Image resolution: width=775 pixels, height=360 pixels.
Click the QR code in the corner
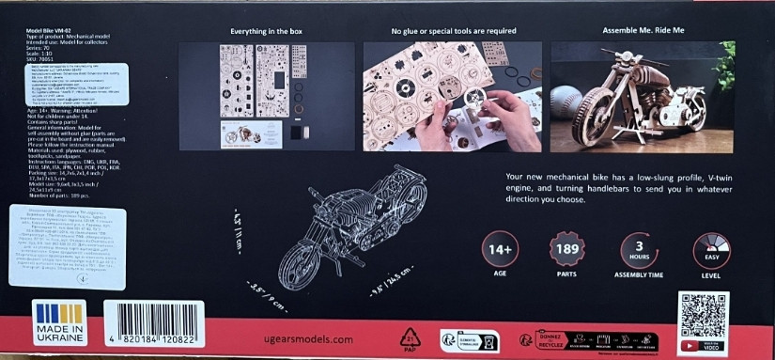(703, 317)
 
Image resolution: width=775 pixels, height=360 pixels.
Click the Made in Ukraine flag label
(58, 322)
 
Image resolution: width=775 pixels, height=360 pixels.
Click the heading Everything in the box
(267, 32)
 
